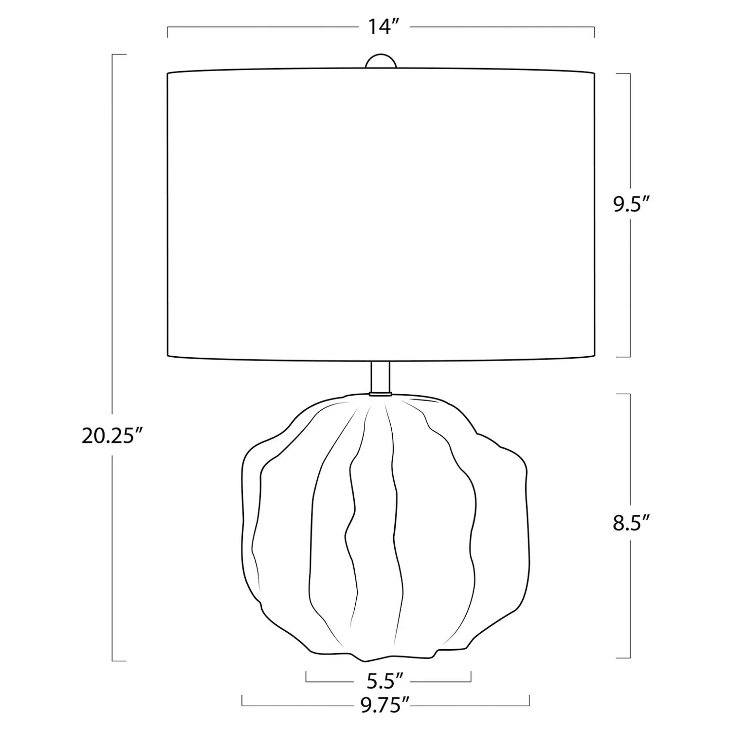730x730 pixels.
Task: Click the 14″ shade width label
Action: [x=380, y=27]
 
